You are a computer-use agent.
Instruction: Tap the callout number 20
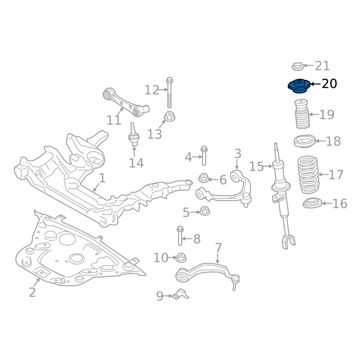coord(329,84)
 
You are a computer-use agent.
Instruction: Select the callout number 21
coord(322,66)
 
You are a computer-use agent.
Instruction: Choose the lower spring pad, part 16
coord(313,204)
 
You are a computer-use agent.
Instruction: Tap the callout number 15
coord(256,166)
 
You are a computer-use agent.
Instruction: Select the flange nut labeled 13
coord(170,116)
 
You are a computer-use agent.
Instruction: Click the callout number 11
coord(114,120)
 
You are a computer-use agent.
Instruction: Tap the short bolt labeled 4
coord(204,156)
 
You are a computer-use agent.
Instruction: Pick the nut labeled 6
coord(204,178)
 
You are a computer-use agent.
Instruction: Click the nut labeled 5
coord(205,211)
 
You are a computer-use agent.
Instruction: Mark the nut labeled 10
coord(181,258)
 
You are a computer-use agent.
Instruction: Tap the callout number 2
coord(32,292)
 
